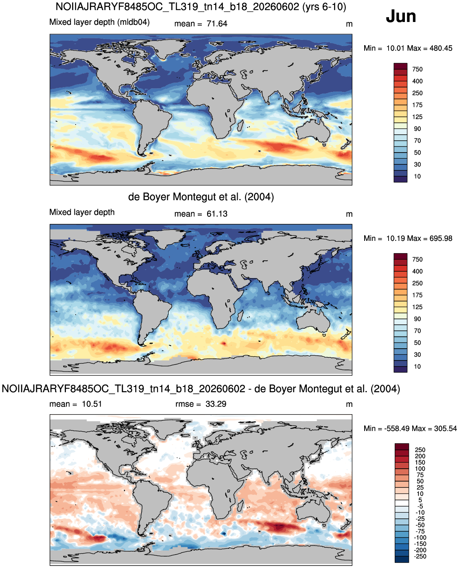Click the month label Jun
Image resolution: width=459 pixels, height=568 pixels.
coord(400,17)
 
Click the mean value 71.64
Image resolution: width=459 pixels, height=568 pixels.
coord(217,24)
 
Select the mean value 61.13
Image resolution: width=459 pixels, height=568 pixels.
coord(217,214)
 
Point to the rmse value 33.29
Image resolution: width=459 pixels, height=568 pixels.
coord(216,404)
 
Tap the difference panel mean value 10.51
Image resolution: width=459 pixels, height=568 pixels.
coord(92,404)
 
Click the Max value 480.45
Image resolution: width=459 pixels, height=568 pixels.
coord(441,48)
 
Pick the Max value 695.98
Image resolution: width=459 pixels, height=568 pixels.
coord(441,238)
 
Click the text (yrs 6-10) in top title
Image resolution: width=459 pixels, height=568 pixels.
coord(324,7)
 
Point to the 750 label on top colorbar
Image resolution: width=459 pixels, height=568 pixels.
coord(417,69)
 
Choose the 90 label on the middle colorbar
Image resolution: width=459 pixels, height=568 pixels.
coord(417,319)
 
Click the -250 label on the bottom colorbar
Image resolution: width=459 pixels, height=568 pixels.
coord(421,557)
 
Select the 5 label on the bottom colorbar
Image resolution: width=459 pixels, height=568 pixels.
coord(420,500)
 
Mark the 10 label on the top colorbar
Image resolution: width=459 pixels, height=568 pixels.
coord(417,176)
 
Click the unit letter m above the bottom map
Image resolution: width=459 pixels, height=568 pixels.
coord(349,404)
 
